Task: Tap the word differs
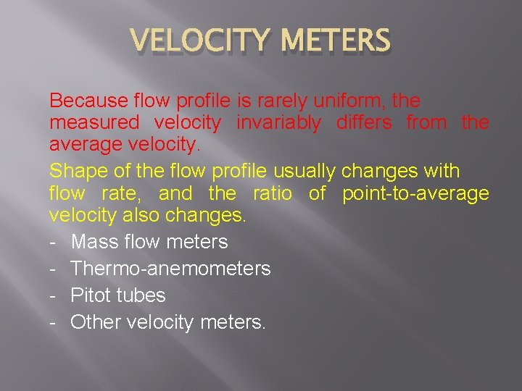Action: [x=364, y=123]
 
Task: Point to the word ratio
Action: [x=272, y=194]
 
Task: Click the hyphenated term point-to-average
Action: [x=415, y=194]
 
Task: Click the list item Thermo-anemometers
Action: [x=170, y=269]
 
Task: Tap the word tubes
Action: [x=145, y=295]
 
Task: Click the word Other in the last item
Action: [x=96, y=322]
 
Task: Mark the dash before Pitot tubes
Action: [x=53, y=295]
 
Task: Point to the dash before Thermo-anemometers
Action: [x=53, y=269]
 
